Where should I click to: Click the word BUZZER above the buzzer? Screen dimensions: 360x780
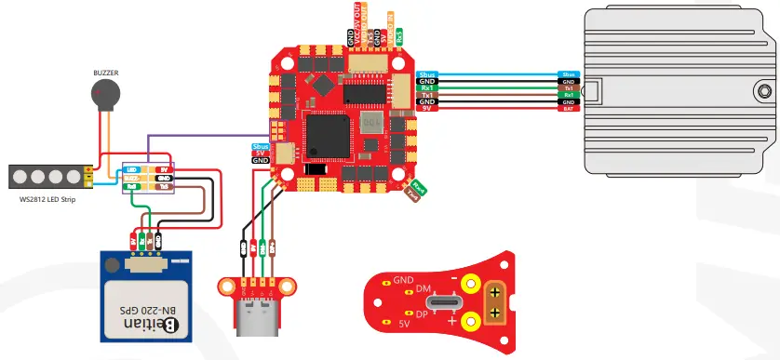pos(105,72)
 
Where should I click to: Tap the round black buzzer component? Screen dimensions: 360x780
pos(104,93)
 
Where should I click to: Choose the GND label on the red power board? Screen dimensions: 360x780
pos(403,279)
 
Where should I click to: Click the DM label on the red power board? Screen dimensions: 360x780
pos(421,290)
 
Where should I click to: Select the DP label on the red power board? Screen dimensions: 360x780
pos(422,314)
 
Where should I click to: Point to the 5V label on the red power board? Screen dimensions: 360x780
pos(404,325)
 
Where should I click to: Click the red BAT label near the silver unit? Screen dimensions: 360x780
pos(568,110)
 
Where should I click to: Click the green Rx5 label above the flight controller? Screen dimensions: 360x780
pos(399,38)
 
